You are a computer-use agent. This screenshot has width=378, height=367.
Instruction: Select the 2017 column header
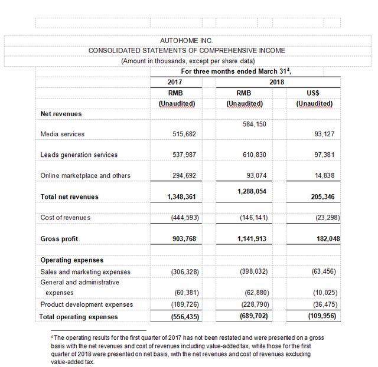point(175,81)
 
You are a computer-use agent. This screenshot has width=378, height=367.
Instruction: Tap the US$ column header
point(314,93)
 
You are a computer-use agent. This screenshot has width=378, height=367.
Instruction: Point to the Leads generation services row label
point(79,155)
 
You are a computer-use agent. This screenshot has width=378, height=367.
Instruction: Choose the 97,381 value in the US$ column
point(322,155)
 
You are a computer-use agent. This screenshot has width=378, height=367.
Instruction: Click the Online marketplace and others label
point(85,176)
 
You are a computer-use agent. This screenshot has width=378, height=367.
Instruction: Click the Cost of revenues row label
point(65,218)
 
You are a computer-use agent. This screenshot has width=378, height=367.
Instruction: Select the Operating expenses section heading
point(71,260)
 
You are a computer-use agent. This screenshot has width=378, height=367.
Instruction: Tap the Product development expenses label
point(86,304)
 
